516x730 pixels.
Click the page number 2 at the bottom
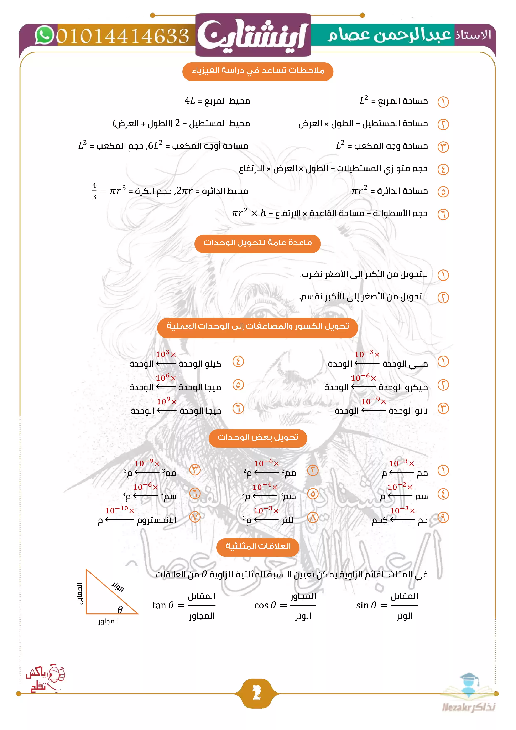[257, 693]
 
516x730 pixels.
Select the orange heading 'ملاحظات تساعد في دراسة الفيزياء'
[258, 71]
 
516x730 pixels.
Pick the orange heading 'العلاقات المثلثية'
[258, 547]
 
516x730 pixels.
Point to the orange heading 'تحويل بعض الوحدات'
[258, 438]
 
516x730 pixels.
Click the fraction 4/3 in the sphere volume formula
[94, 191]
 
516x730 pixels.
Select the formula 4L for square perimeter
[190, 101]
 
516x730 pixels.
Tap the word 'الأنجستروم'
[156, 520]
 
